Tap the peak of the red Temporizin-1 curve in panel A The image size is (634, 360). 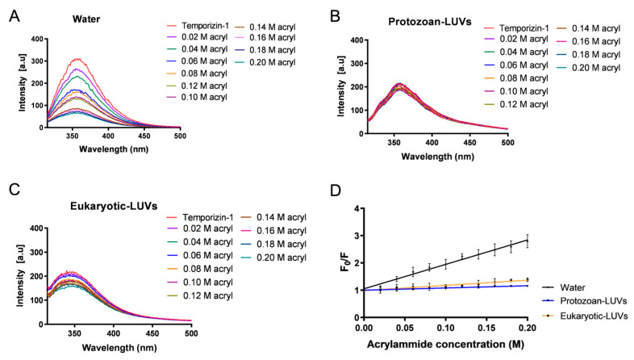77,59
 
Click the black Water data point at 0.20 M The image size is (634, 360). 527,240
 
